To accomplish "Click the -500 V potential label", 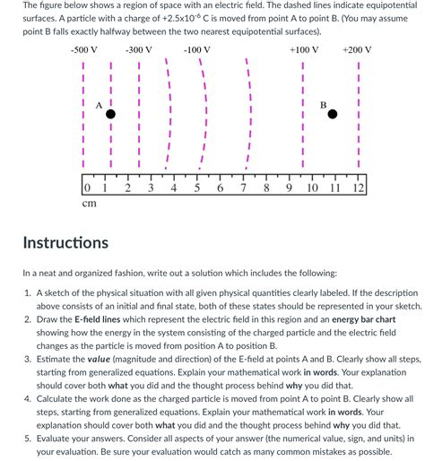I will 84,50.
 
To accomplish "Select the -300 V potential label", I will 139,50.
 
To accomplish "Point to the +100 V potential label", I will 304,50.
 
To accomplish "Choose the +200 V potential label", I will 357,50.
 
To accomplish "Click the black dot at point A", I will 111,114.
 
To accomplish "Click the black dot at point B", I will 333,114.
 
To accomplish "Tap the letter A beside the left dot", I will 99,105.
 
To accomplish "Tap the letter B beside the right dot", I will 323,105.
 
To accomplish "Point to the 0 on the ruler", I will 86,187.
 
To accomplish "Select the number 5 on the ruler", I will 196,187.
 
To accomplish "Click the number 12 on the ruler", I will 359,187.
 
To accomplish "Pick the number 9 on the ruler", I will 289,187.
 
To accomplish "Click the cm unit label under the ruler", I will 89,204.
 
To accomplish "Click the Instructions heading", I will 65,242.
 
